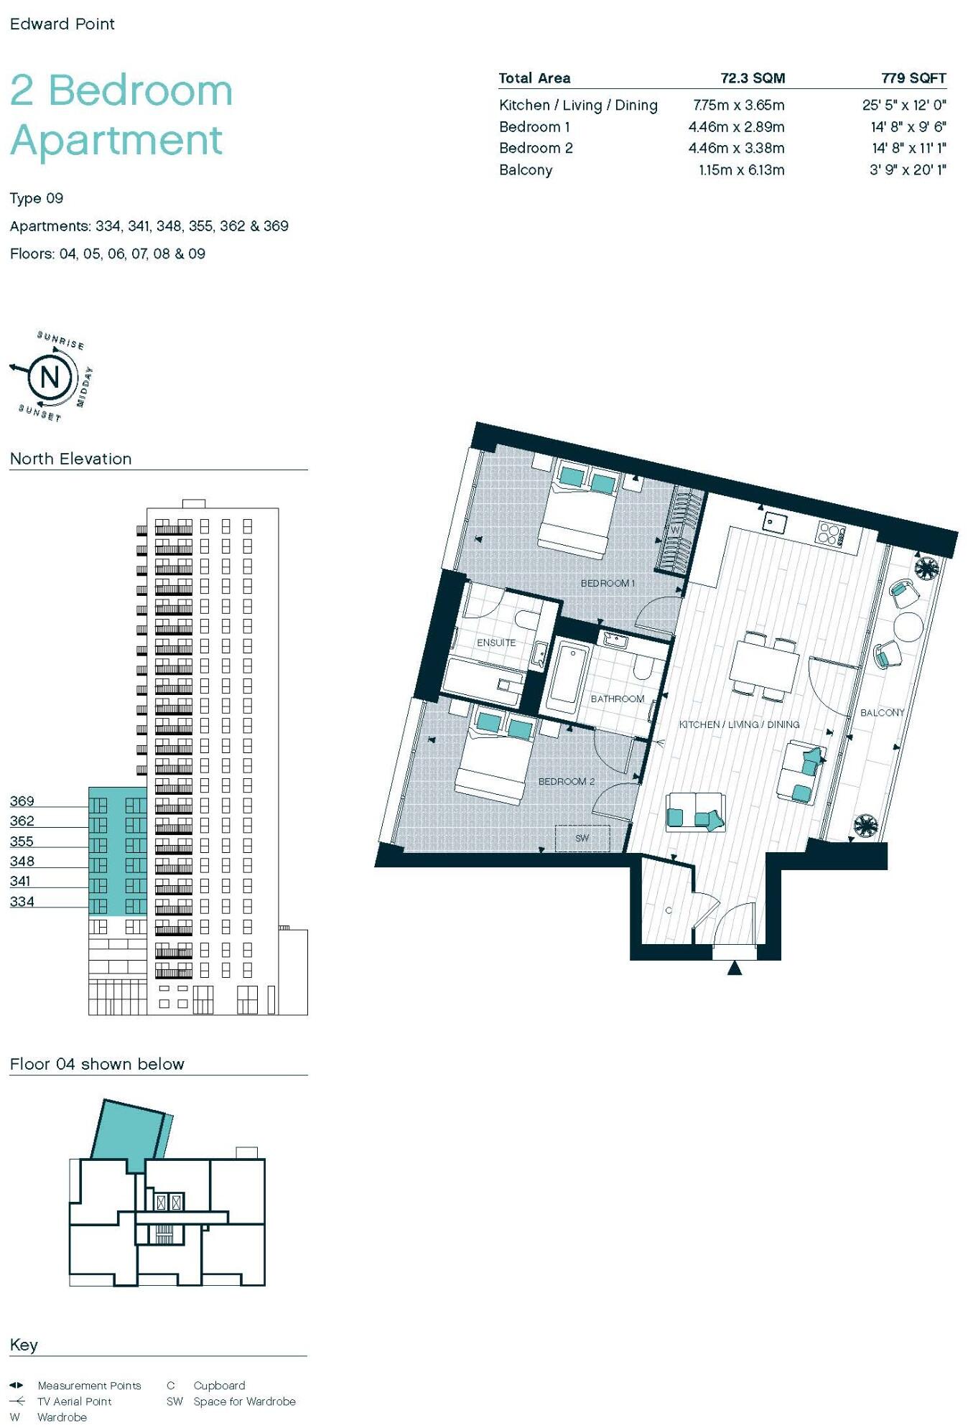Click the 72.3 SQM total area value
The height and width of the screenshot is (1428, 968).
tap(752, 78)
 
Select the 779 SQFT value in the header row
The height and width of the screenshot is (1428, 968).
tap(913, 78)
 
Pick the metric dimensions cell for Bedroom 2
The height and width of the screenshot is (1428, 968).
tap(736, 149)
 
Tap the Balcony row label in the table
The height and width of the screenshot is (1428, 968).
tap(526, 170)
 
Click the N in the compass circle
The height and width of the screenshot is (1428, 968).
tap(50, 376)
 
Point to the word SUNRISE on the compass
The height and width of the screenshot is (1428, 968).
tap(61, 340)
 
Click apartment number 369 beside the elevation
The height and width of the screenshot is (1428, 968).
tap(22, 801)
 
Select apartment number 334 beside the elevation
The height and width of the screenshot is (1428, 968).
tap(22, 902)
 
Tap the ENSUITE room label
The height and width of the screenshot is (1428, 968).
tap(496, 643)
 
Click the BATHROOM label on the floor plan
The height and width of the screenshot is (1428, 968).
tap(617, 699)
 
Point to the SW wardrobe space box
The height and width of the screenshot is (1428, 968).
tap(582, 838)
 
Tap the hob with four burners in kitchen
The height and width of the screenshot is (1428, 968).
tap(831, 533)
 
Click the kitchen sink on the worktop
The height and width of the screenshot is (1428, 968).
tap(775, 522)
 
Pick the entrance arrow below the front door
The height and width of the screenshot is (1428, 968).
tap(734, 969)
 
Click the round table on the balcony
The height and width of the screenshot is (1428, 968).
tap(908, 626)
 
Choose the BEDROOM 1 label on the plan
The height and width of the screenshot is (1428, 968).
tap(608, 583)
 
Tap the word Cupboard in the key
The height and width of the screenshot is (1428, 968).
tap(219, 1386)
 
